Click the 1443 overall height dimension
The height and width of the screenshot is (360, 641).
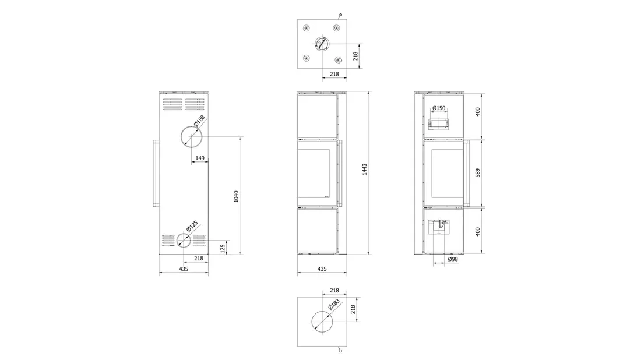point(365,170)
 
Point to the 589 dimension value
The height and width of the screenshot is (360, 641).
point(478,173)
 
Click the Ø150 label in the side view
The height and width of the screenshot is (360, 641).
point(439,108)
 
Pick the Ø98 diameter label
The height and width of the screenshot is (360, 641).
point(452,259)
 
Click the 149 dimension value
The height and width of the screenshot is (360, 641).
point(200,158)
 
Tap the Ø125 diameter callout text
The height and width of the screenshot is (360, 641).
point(191,227)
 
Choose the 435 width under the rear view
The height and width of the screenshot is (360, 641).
point(184,269)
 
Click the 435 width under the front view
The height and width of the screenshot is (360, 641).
point(322,269)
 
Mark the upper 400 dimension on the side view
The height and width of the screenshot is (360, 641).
point(478,112)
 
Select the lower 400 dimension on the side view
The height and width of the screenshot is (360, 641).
point(478,231)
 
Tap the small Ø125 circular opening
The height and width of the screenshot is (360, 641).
point(183,240)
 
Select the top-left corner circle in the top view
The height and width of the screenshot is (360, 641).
point(306,27)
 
